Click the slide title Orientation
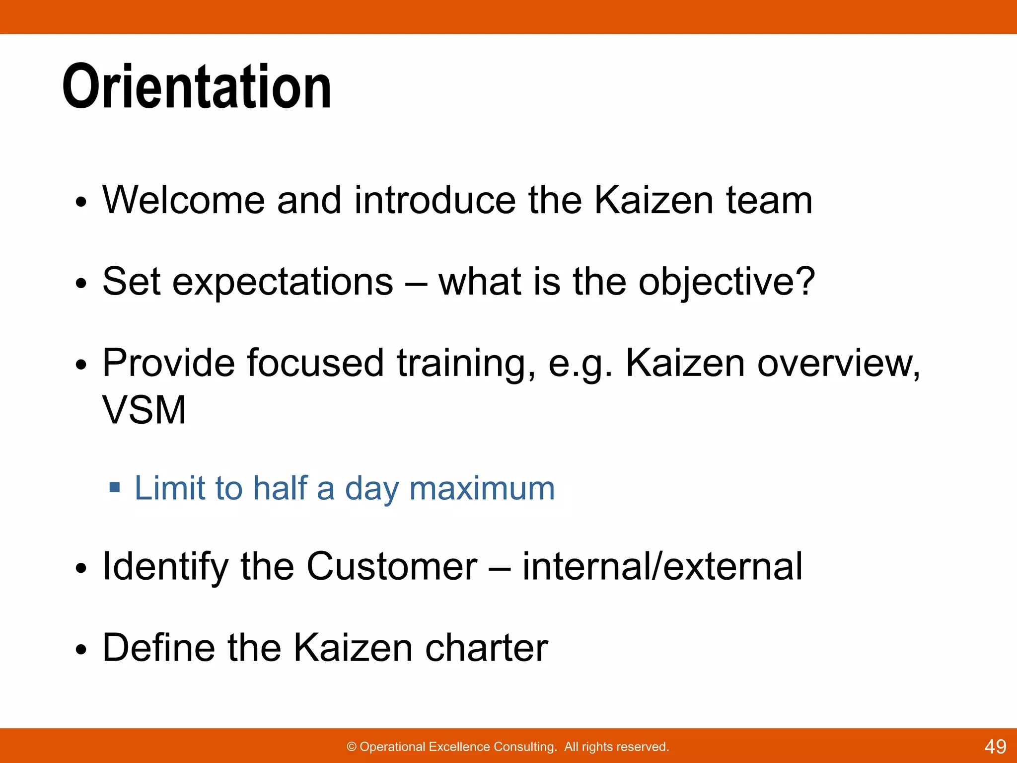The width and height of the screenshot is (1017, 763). click(197, 87)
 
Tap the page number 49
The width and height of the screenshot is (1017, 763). click(995, 747)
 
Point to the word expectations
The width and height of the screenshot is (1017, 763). click(283, 282)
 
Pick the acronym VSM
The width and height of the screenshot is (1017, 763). click(144, 410)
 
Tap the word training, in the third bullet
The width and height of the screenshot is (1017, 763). click(466, 364)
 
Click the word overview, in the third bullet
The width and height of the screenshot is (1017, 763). click(839, 364)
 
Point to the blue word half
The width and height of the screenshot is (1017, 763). click(280, 488)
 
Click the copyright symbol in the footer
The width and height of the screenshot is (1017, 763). click(352, 747)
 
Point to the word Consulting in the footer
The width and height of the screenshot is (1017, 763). click(525, 747)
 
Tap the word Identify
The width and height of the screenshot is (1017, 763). click(165, 567)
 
